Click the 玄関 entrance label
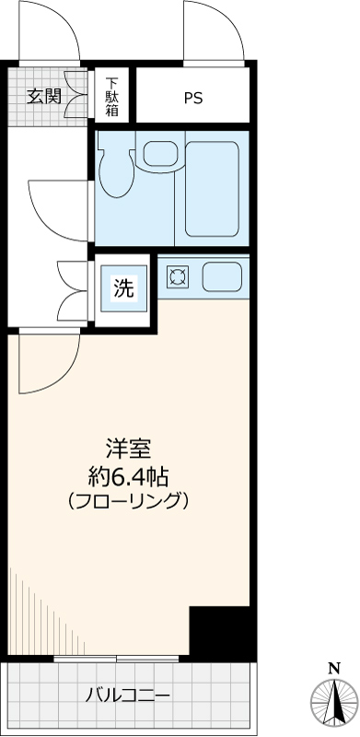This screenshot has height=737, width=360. pos(44,96)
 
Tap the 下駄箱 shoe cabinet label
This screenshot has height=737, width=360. pos(112,97)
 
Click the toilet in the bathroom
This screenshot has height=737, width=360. pos(115,170)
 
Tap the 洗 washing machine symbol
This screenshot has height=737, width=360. pos(122,288)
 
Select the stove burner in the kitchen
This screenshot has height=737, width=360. pos(177,275)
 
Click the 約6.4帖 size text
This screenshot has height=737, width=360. pos(127,476)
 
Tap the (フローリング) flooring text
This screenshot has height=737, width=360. pos(128,502)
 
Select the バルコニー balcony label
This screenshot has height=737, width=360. pos(128,695)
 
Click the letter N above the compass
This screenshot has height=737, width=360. pos(333,668)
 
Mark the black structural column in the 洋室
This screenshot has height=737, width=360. pos(221,632)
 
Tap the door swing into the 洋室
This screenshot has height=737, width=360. pos(48,364)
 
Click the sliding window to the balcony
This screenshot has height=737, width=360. pos(116,659)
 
